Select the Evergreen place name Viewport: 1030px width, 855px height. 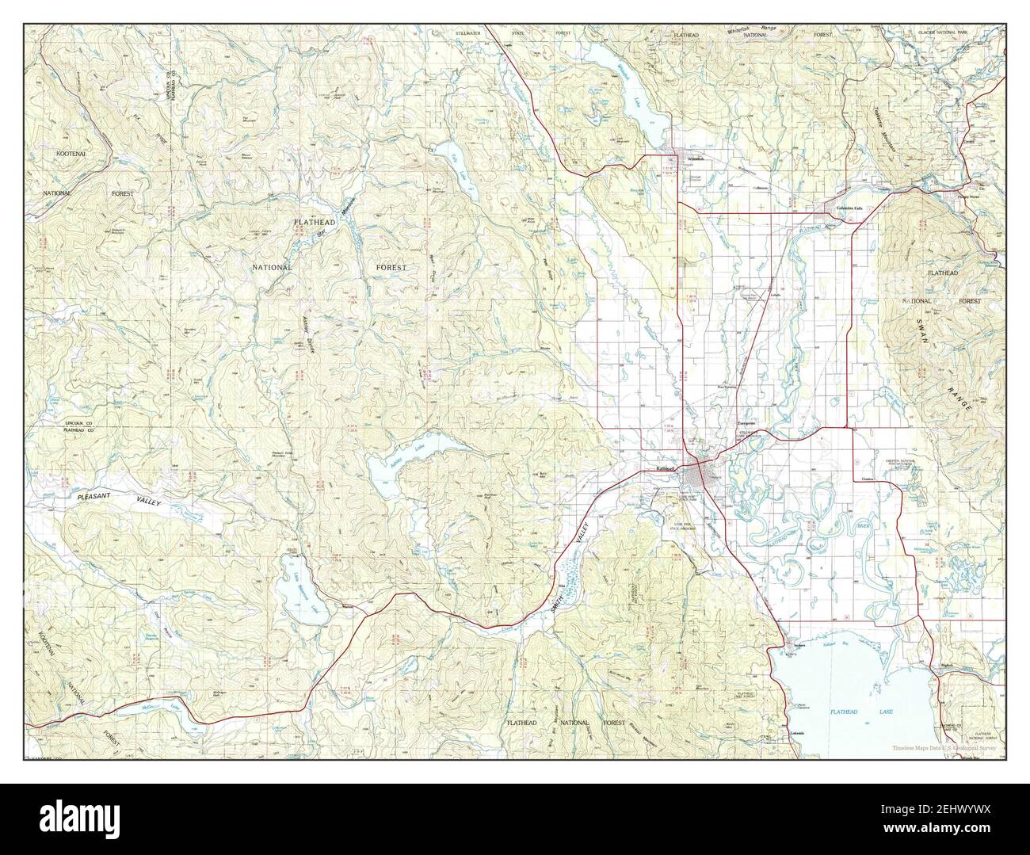point(748,423)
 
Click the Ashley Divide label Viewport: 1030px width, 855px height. point(307,333)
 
